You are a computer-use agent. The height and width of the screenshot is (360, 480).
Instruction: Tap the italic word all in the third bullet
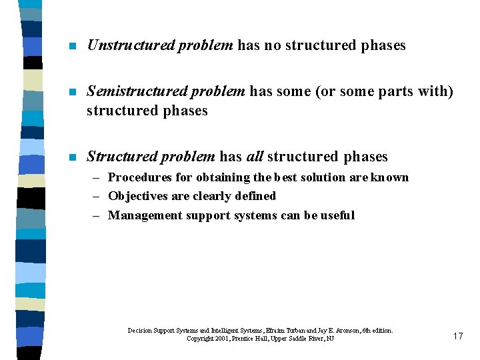(x=255, y=157)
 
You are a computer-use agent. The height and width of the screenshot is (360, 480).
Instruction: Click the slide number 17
(x=457, y=336)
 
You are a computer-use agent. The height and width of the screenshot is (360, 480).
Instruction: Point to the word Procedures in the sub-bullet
(x=139, y=177)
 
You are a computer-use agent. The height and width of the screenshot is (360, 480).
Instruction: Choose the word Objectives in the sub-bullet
(x=137, y=196)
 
